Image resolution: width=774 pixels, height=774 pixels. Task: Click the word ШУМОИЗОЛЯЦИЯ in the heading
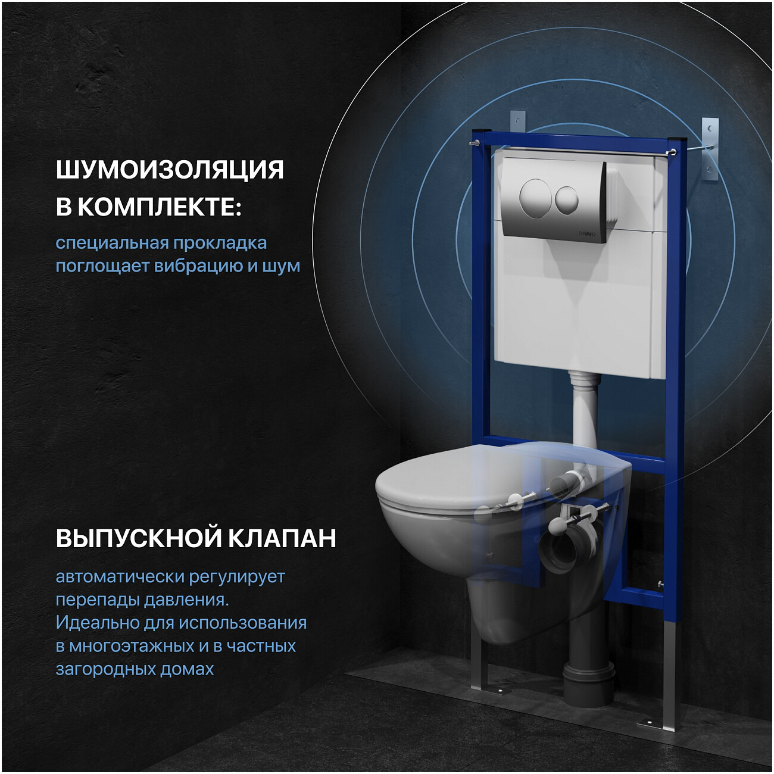[x=170, y=170]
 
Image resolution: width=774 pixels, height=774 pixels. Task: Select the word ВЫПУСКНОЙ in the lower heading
[x=138, y=539]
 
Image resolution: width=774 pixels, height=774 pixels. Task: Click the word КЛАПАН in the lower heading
[x=282, y=538]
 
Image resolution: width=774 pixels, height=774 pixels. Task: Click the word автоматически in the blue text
[x=120, y=577]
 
